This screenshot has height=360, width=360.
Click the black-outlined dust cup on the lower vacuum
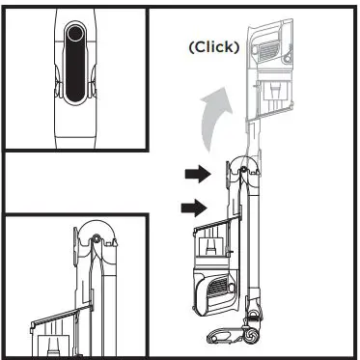pos(214,249)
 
